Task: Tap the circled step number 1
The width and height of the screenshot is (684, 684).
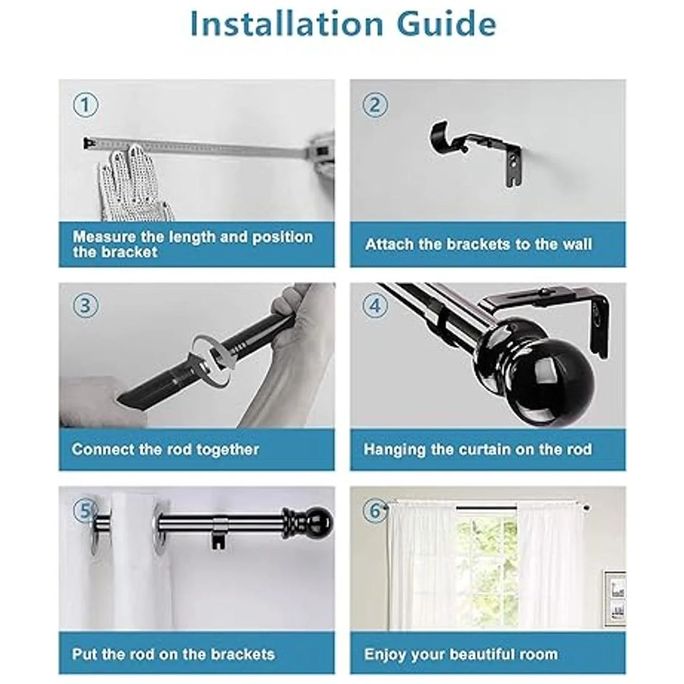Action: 85,105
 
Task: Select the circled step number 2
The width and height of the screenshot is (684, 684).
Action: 375,105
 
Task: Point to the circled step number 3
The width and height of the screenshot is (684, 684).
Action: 85,306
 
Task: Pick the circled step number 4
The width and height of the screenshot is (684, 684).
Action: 375,306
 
